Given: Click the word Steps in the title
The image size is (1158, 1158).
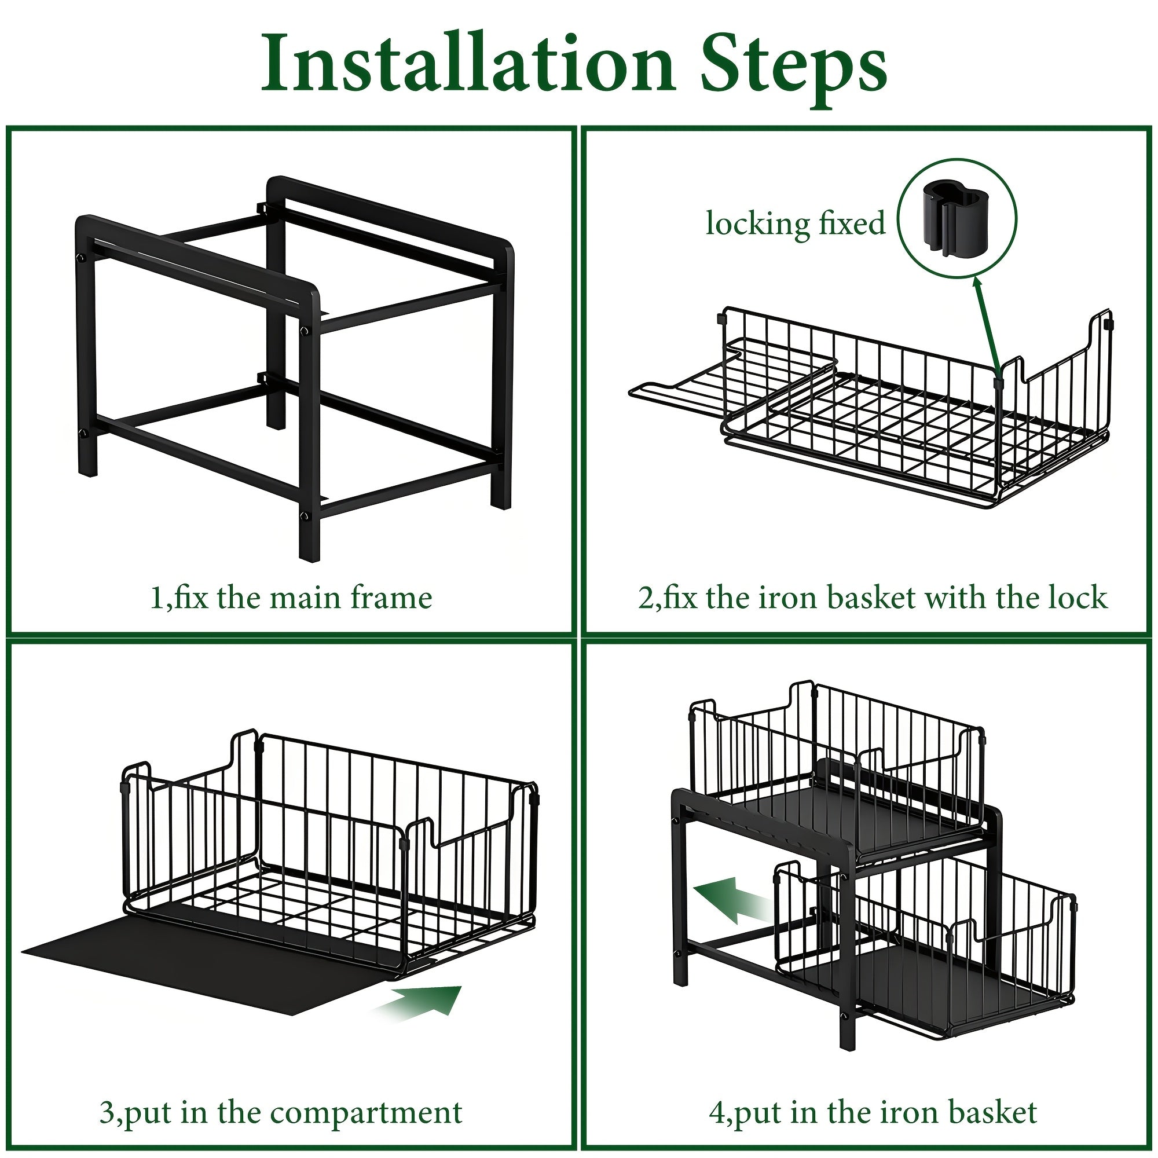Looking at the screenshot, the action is click(794, 71).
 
